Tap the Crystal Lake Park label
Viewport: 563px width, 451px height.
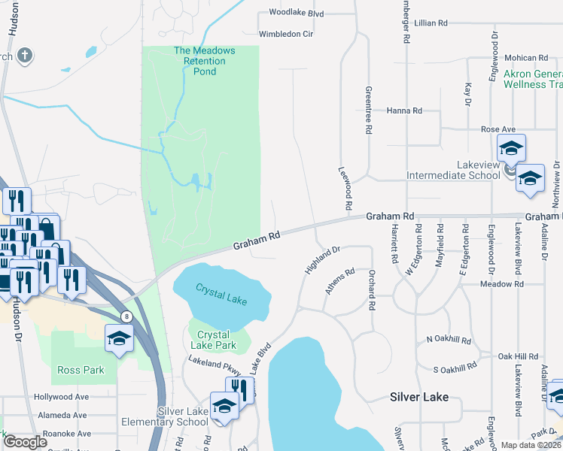coord(217,340)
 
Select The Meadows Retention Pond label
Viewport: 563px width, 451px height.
coord(204,61)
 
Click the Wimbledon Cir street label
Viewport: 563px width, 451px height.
coord(285,35)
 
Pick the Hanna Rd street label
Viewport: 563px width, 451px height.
coord(404,110)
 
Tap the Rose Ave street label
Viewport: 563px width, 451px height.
coord(498,129)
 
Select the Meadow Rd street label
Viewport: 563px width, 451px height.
coord(502,285)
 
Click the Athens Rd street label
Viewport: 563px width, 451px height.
coord(339,283)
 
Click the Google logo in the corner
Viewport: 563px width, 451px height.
coord(25,442)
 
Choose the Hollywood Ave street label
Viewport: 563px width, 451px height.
coord(61,397)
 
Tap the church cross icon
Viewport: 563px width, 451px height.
coord(24,56)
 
